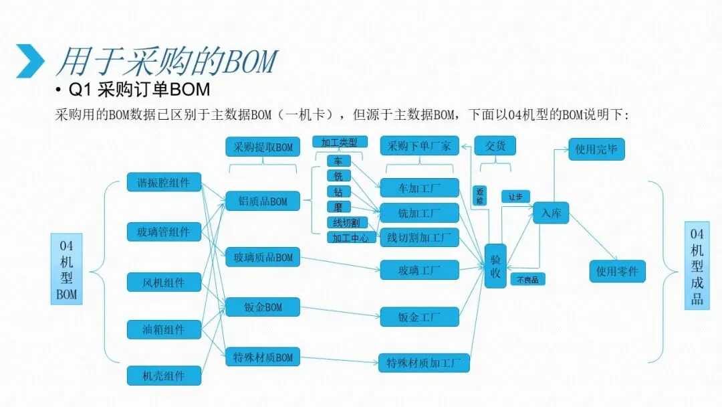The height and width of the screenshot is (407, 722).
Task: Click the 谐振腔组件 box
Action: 164,182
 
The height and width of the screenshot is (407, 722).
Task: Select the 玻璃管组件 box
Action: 164,232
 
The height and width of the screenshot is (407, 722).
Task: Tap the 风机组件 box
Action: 164,282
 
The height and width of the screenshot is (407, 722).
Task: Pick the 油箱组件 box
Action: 164,329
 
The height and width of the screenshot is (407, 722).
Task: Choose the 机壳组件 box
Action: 164,376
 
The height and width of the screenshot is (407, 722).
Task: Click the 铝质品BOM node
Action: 263,201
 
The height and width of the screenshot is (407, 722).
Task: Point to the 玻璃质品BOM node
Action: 263,257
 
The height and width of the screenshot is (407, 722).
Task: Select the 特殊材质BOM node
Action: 263,357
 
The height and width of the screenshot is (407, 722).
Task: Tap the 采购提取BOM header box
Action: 263,147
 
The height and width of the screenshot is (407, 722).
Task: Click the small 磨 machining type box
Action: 338,208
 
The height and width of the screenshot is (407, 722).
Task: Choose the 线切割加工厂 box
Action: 419,238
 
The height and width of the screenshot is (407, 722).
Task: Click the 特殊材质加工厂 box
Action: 424,363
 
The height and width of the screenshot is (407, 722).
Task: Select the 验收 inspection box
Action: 495,266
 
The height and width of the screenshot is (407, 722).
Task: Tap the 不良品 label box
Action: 527,279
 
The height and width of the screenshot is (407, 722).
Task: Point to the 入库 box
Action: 551,213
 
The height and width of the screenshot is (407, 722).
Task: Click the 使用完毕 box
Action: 596,149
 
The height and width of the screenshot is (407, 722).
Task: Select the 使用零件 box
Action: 617,271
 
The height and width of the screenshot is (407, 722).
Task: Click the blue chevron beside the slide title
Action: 30,61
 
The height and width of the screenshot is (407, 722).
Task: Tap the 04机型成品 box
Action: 697,266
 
